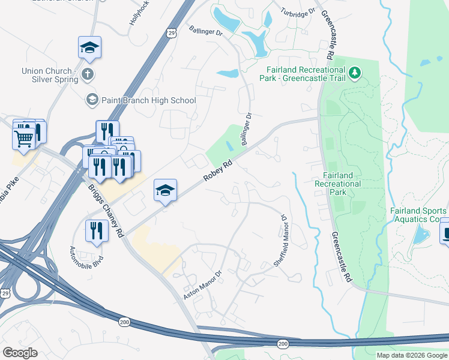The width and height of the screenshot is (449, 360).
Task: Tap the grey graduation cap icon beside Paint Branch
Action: coord(92,100)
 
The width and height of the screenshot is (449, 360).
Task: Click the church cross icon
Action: coord(88,75)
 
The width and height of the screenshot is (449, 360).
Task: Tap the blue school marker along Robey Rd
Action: coord(165,191)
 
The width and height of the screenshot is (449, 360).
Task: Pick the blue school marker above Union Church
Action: coord(89,47)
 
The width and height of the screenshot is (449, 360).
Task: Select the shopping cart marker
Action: coord(23,138)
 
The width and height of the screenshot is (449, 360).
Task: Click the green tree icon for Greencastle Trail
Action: coord(355,73)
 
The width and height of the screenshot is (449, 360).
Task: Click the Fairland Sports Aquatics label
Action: coord(418,215)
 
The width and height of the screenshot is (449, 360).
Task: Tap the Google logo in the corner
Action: coord(20,352)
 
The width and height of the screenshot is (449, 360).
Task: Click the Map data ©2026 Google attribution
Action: coord(412,355)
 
